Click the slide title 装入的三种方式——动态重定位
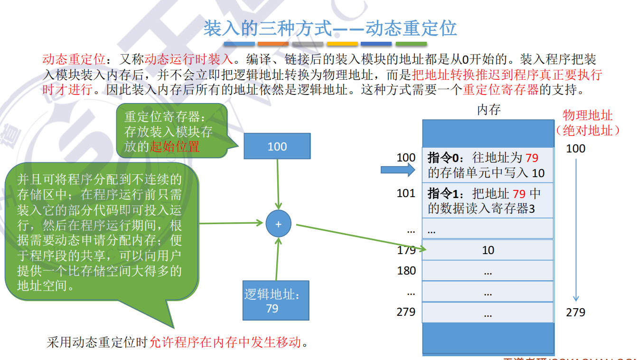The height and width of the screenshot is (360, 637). pos(330,28)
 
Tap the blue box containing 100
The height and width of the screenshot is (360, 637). pos(277,146)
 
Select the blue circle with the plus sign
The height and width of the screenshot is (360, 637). pos(278,224)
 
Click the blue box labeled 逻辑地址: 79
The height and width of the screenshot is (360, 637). pos(275,302)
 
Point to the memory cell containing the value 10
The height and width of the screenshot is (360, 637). pos(488,250)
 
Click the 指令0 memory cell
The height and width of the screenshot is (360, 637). pos(488,165)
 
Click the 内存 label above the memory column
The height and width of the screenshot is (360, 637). pos(488,110)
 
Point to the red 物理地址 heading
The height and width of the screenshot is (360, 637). pos(588,115)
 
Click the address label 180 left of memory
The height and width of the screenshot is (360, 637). pos(406,271)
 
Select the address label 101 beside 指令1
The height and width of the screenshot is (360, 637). pos(406,193)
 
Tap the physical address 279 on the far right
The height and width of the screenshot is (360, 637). pos(576,312)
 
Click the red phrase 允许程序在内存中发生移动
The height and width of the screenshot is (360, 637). pos(225,342)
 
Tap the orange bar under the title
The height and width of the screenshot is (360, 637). pos(273,44)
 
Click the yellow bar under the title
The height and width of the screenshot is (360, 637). pos(342,44)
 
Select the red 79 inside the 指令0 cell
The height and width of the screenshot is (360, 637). pos(532,157)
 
